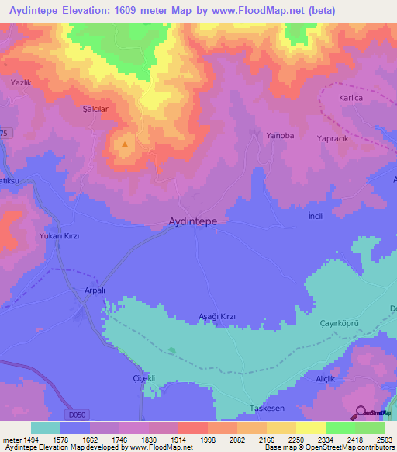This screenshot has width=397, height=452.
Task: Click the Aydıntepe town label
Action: [x=192, y=221]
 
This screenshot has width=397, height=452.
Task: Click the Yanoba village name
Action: [x=280, y=135]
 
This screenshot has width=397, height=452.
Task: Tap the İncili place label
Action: [x=316, y=215]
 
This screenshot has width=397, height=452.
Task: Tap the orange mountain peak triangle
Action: [x=123, y=143]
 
